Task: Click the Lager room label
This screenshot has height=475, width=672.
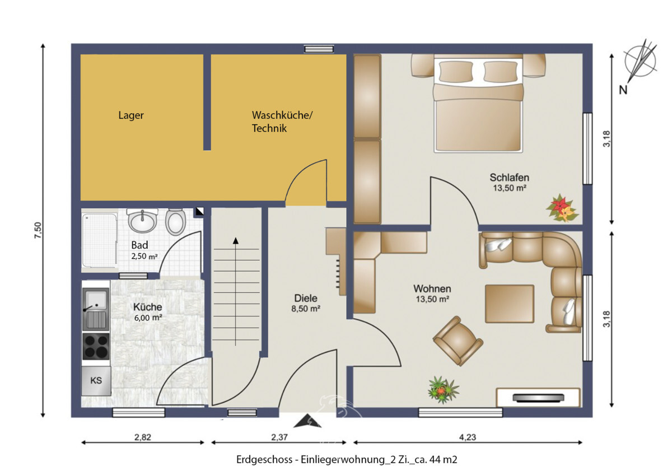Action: tap(131, 115)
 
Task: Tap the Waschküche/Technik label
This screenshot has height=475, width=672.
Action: tap(282, 122)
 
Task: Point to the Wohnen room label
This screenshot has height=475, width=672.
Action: tap(432, 294)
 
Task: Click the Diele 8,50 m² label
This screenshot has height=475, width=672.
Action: tap(306, 303)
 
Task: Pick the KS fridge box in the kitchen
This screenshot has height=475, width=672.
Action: tap(96, 381)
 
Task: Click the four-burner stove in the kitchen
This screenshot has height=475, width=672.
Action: tap(96, 346)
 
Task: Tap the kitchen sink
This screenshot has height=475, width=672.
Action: tap(96, 309)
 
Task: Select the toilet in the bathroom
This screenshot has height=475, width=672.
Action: tap(176, 222)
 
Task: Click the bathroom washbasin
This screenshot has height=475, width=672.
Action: tap(144, 220)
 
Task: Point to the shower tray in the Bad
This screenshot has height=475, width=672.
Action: tap(99, 240)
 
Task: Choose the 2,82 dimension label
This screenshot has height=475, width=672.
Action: tap(142, 437)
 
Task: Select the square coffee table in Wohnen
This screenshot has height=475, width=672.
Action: tap(509, 304)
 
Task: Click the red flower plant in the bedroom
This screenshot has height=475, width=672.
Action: tap(561, 208)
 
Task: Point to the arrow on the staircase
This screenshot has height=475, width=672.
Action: tap(236, 241)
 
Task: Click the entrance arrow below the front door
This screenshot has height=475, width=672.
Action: tap(307, 421)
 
